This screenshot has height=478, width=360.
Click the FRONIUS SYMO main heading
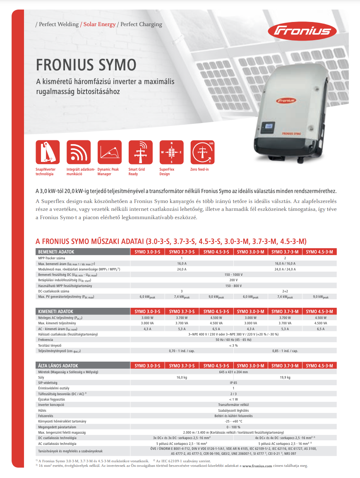86,65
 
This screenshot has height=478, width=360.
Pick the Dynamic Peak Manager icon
110,153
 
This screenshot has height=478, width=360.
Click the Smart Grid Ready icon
140,153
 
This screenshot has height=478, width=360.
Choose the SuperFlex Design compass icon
171,153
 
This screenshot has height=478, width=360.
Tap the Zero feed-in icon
202,153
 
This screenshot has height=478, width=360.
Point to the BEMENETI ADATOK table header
56,251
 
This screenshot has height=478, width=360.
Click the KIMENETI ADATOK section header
55,311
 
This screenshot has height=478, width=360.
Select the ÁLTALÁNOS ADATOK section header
58,366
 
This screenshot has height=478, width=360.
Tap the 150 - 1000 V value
234,275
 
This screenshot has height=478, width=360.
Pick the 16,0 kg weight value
182,377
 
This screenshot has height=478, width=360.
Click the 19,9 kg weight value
285,377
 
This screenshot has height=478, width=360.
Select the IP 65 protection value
234,383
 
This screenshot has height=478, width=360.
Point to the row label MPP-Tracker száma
53,258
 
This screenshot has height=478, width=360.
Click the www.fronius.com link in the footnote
257,466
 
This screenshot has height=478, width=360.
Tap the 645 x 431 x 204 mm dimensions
234,372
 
